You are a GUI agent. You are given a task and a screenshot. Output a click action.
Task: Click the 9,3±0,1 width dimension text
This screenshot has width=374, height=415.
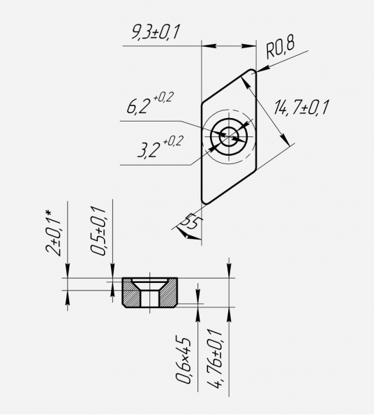point(156,31)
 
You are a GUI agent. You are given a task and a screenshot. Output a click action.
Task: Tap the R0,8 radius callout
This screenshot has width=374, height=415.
point(280,48)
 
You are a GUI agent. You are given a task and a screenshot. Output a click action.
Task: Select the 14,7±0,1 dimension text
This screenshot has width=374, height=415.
point(301,108)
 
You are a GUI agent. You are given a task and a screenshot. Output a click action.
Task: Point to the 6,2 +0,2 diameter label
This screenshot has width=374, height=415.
point(150,103)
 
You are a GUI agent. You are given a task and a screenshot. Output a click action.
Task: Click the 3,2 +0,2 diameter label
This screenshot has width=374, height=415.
point(160,147)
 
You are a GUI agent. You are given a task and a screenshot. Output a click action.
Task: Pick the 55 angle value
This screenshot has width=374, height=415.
point(193,221)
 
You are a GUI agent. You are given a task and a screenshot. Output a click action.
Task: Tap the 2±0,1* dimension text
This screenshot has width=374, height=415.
point(53,233)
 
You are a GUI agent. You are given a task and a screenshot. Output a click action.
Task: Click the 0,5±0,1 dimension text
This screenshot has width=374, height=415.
point(98,231)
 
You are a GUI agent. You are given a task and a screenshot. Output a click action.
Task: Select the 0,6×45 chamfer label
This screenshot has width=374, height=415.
point(183,361)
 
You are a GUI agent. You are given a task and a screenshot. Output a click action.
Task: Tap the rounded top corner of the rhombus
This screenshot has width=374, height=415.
point(251,70)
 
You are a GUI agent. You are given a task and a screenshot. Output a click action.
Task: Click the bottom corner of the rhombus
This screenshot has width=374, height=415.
point(206,204)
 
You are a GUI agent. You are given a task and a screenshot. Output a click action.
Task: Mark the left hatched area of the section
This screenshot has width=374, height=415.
point(131,293)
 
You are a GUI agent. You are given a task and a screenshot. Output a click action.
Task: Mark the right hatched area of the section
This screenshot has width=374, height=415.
point(168,293)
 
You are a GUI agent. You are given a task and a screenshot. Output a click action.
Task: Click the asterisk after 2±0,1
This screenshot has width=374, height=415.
point(48,213)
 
